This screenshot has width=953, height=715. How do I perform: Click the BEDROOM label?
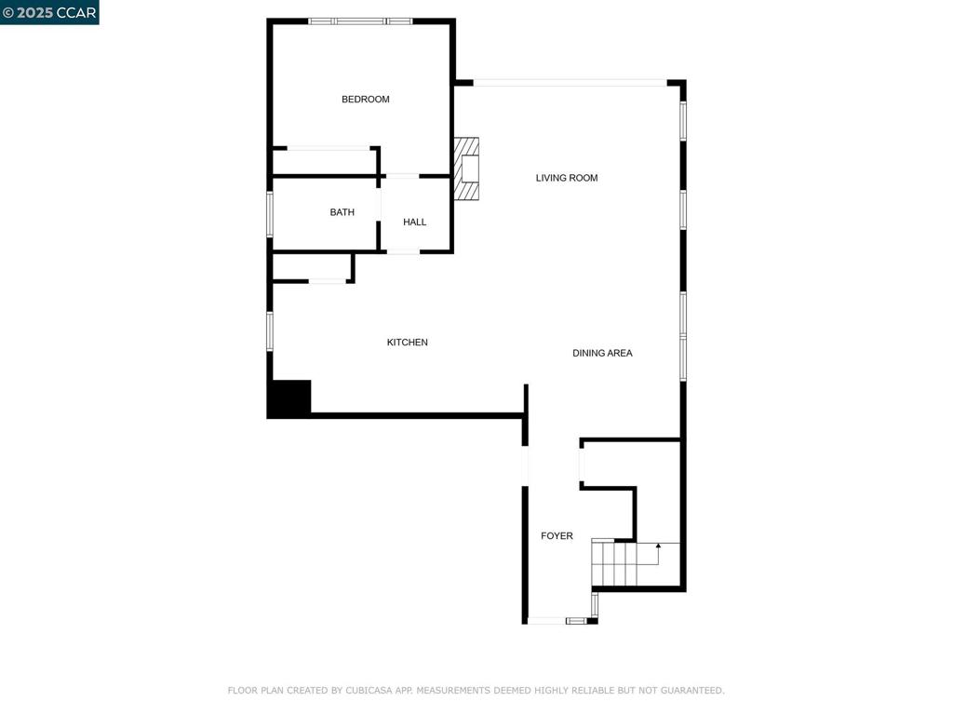click(x=365, y=99)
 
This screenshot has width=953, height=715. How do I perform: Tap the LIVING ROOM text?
click(x=567, y=178)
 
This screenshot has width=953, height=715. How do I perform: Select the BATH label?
click(x=342, y=212)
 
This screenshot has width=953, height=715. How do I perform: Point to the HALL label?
click(x=414, y=222)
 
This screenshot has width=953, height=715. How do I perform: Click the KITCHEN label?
click(x=408, y=343)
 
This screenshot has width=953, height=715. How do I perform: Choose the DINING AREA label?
click(x=602, y=353)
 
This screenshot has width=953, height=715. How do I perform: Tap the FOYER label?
click(x=557, y=535)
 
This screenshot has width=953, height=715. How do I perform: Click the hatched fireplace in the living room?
click(x=466, y=169)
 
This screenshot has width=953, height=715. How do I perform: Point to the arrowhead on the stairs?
click(x=658, y=546)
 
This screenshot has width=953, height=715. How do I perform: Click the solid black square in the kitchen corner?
click(x=290, y=398)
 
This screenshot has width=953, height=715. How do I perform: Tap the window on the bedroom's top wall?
click(x=360, y=21)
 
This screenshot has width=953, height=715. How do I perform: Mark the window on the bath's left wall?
click(x=271, y=214)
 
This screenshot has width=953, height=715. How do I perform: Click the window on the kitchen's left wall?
click(x=271, y=331)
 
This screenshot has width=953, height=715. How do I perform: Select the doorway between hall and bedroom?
click(x=402, y=176)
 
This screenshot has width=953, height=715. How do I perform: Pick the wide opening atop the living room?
click(x=570, y=83)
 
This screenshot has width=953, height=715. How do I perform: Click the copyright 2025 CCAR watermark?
click(x=49, y=12)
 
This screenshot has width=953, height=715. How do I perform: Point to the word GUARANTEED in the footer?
click(x=692, y=691)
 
